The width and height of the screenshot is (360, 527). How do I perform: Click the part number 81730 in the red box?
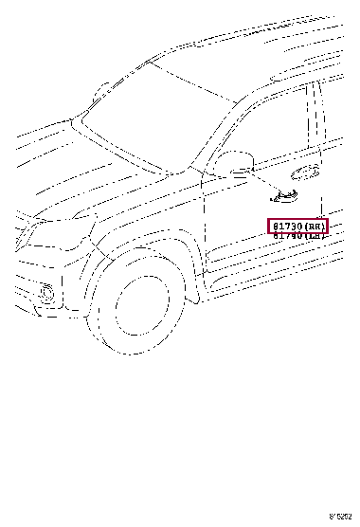click(286, 227)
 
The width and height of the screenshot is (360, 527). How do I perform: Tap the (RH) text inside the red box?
click(313, 227)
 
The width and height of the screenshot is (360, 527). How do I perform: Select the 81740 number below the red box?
click(286, 236)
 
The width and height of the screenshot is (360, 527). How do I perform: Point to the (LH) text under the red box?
click(313, 236)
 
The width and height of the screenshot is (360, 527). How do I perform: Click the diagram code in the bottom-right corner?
click(341, 517)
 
